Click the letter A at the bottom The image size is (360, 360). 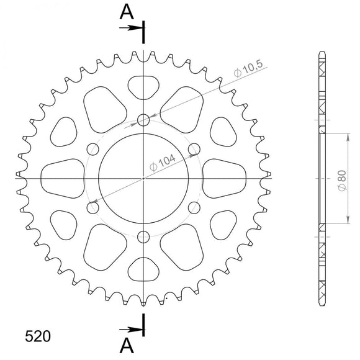[127, 345]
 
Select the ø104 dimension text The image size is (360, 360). [163, 163]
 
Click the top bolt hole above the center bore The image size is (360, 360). [144, 120]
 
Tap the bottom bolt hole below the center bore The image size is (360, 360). [144, 236]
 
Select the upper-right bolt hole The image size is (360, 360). [194, 149]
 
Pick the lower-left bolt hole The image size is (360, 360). [94, 207]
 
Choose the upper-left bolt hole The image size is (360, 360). [94, 149]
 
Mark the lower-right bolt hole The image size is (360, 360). [194, 207]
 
